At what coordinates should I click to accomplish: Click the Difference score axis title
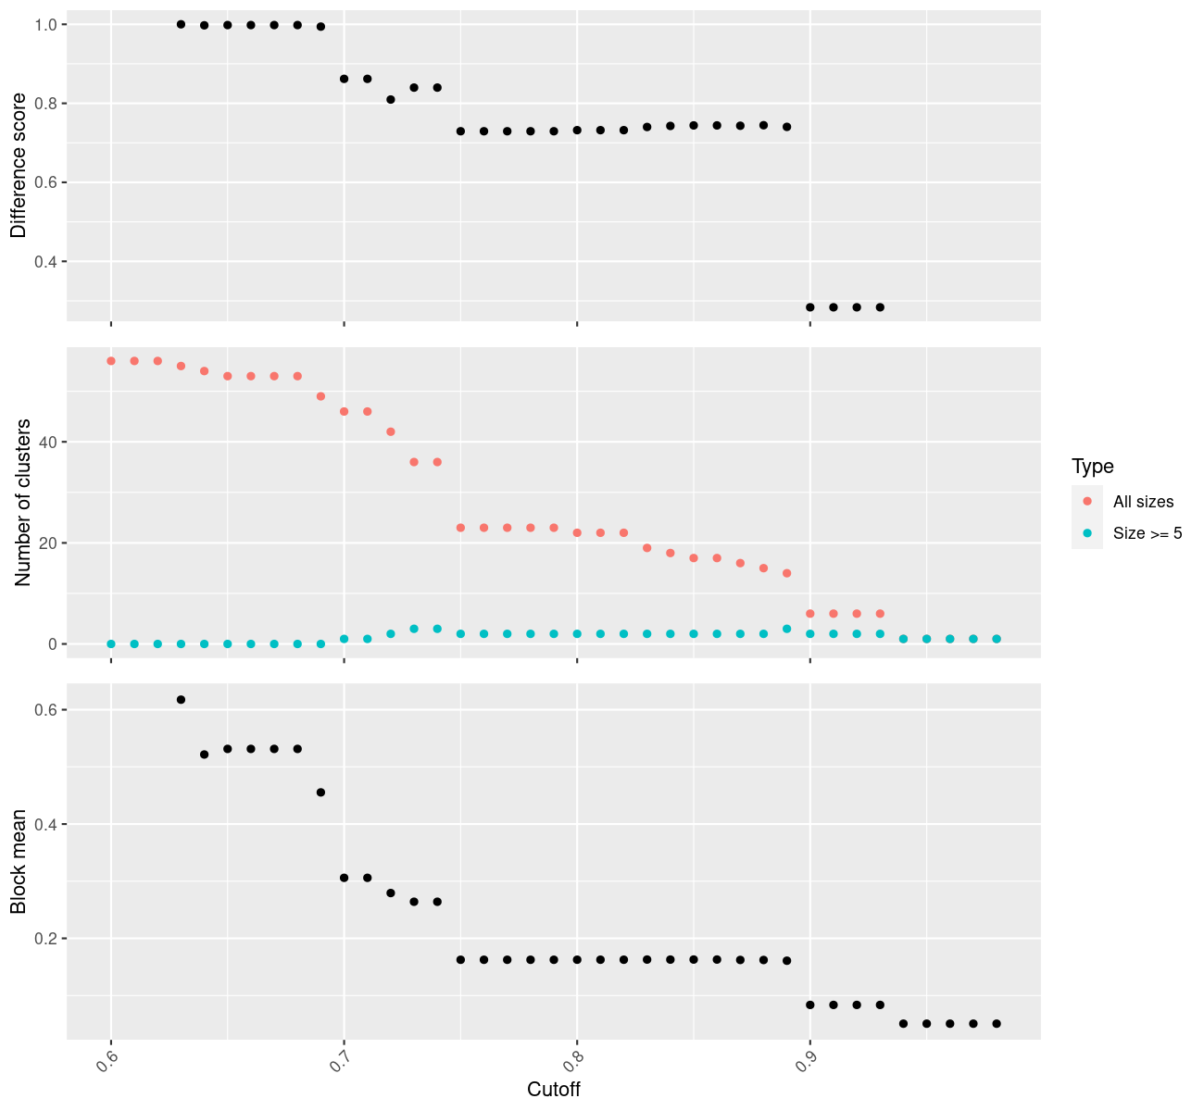point(19,165)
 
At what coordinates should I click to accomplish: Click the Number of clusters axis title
point(24,502)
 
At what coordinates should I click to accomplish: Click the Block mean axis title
point(19,861)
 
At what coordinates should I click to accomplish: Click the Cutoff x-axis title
point(554,1090)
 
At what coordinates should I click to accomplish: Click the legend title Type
point(1092,467)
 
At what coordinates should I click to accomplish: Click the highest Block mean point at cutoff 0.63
point(181,700)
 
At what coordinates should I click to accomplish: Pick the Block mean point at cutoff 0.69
point(320,793)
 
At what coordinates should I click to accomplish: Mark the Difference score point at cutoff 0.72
point(391,99)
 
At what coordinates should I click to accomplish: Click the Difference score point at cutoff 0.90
point(810,307)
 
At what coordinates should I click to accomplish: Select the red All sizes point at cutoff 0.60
point(111,361)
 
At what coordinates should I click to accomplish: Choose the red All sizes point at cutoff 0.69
point(320,396)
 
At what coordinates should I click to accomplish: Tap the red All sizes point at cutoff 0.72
point(391,431)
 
